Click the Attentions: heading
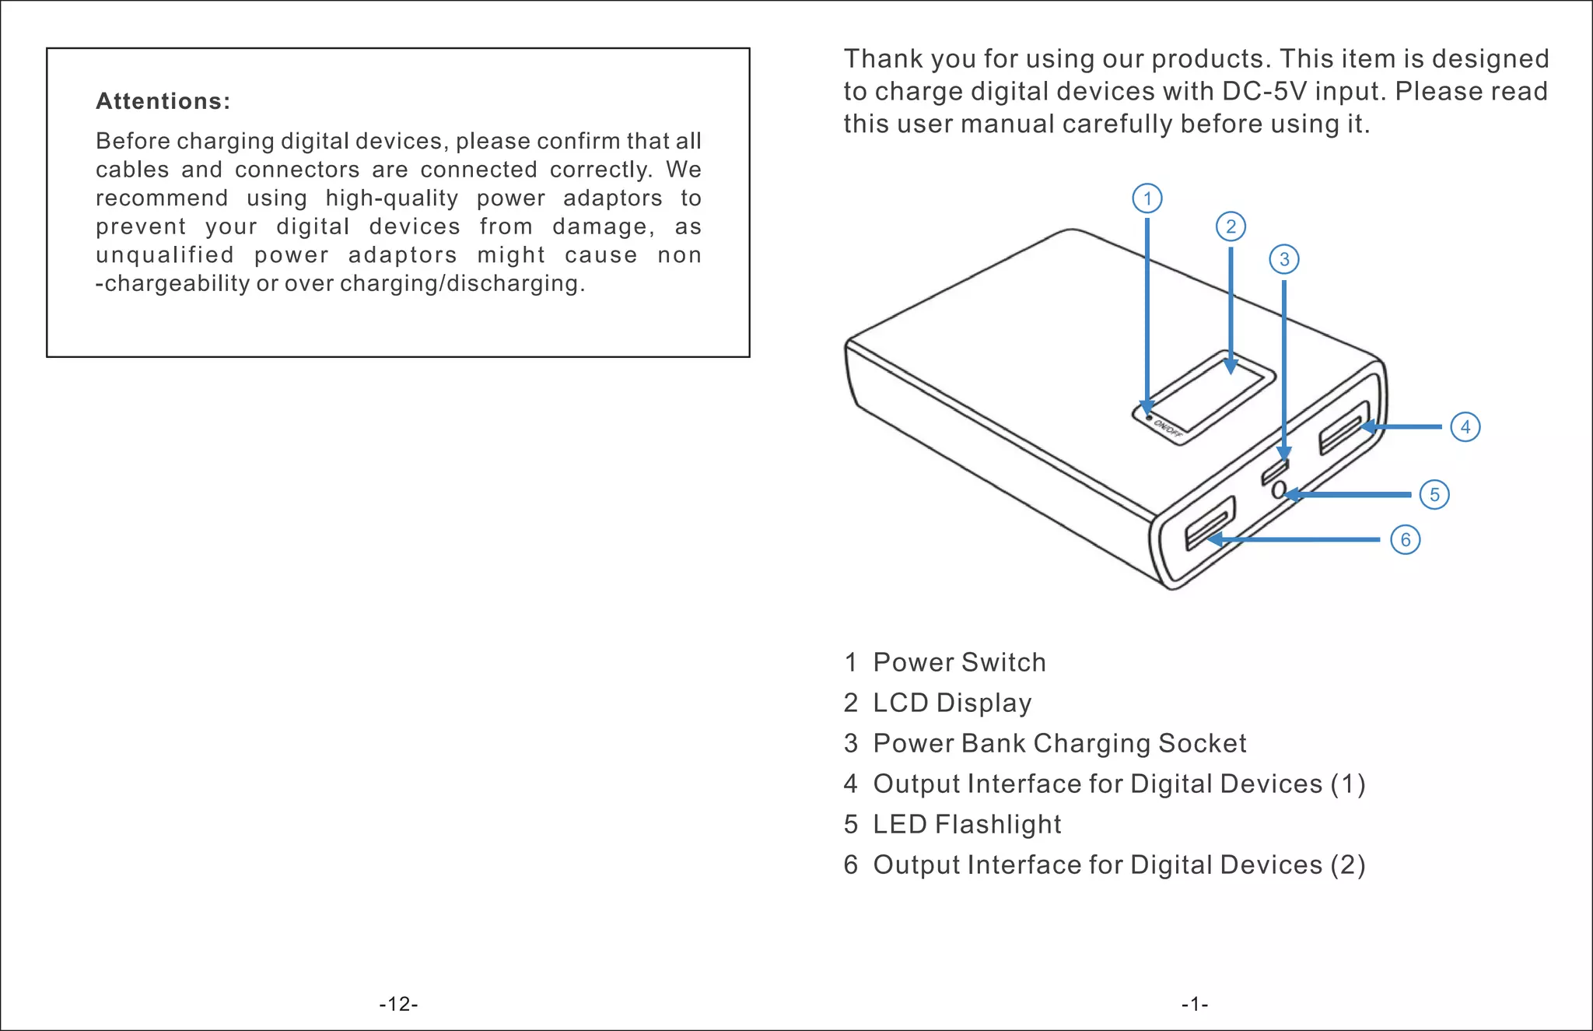[x=163, y=101]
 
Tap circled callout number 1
[x=1147, y=198]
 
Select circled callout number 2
[x=1231, y=226]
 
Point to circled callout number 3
[x=1284, y=259]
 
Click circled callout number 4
[x=1465, y=426]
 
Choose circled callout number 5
[x=1434, y=495]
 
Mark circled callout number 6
[x=1405, y=539]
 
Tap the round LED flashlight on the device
[x=1278, y=490]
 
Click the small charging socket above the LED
[x=1276, y=470]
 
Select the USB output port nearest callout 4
[x=1344, y=428]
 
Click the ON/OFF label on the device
[x=1167, y=427]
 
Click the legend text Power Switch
[x=959, y=662]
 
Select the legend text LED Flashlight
[x=967, y=824]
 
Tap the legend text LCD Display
[x=952, y=703]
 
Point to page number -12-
[x=398, y=1004]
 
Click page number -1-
[x=1195, y=1004]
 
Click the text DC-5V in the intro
[x=1265, y=91]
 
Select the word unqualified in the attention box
[x=164, y=255]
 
